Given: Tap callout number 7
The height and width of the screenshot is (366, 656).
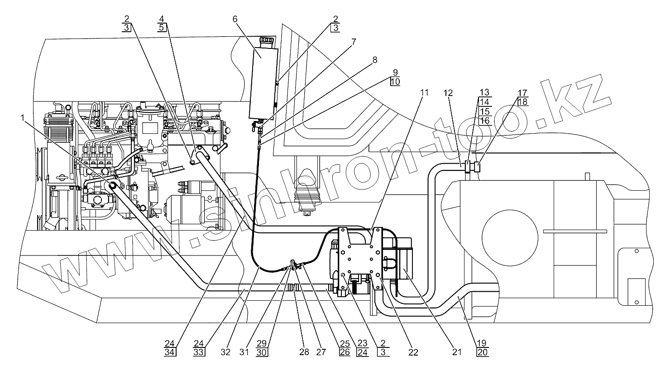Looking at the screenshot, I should click(353, 42).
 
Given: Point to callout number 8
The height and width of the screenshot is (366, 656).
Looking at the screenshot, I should click(375, 59).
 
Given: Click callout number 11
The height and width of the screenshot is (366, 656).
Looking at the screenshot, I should click(424, 93).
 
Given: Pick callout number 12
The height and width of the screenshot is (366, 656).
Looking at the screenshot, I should click(448, 93).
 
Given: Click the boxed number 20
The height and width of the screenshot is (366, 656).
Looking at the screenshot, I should click(483, 352).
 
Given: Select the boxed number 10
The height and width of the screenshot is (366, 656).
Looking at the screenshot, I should click(395, 82).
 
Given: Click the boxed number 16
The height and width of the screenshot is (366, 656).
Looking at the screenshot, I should click(484, 121).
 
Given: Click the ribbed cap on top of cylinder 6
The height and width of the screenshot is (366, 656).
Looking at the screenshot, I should click(267, 42).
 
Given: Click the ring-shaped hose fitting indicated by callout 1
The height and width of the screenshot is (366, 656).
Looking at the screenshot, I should click(112, 185).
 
